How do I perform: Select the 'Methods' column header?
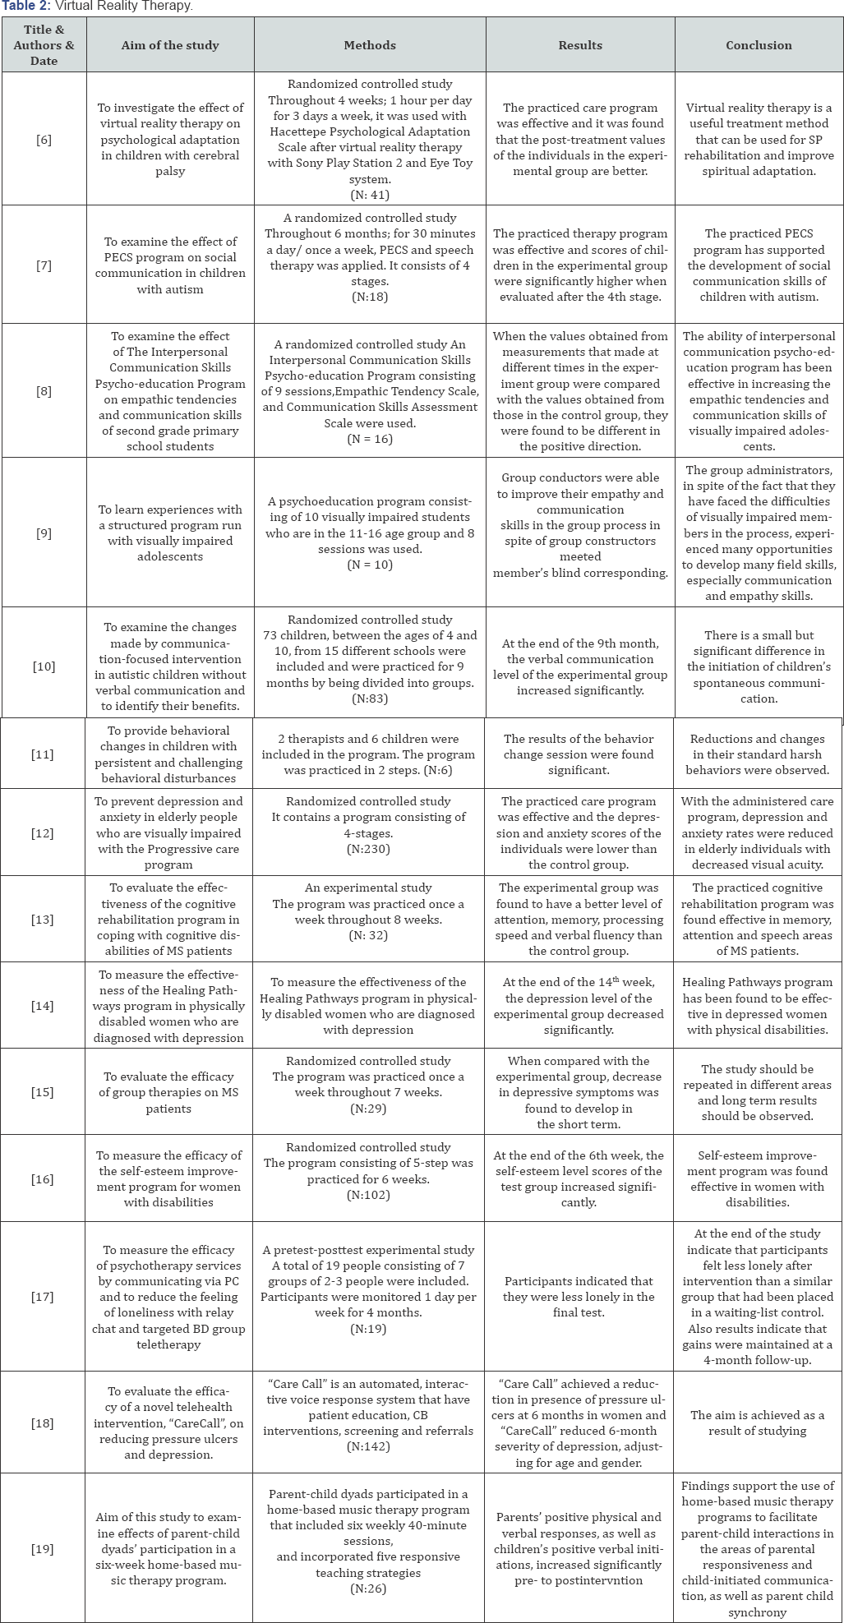coord(370,45)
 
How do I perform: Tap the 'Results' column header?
coord(580,45)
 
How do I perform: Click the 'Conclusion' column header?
coord(759,45)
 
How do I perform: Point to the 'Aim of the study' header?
coord(170,45)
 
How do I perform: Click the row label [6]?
coord(44,140)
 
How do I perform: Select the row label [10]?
coord(44,666)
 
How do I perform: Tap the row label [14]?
coord(44,1006)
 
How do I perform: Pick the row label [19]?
coord(44,1549)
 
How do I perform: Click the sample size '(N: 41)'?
coord(370,195)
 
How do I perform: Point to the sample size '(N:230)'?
coord(370,849)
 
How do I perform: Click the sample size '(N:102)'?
coord(370,1195)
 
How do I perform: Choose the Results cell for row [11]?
coord(580,754)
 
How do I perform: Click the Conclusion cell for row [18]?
coord(759,1422)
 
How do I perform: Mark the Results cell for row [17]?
coord(580,1297)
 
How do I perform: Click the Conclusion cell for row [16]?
coord(759,1178)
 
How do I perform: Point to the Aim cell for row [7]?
coord(170,265)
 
